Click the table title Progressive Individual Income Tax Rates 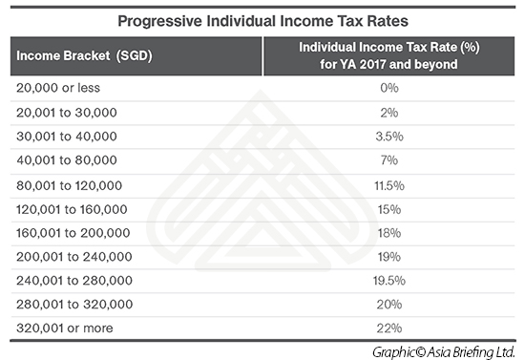[x=262, y=21]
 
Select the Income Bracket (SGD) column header [x=84, y=55]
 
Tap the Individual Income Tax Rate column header [x=389, y=55]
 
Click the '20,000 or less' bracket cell [x=58, y=88]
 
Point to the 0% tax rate [x=389, y=88]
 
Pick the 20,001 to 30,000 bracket [x=66, y=113]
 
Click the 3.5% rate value [x=389, y=137]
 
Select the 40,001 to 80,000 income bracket [x=66, y=160]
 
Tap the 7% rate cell [x=389, y=160]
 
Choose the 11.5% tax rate [x=389, y=185]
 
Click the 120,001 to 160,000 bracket [x=72, y=209]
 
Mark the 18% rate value [x=389, y=233]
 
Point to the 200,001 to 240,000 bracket [x=74, y=257]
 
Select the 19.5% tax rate [x=389, y=281]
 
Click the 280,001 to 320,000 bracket [x=74, y=304]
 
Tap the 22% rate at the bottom [x=389, y=328]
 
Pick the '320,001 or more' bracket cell [x=64, y=328]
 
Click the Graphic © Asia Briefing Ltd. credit [x=443, y=352]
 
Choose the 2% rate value [x=389, y=113]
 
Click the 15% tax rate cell [x=389, y=209]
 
